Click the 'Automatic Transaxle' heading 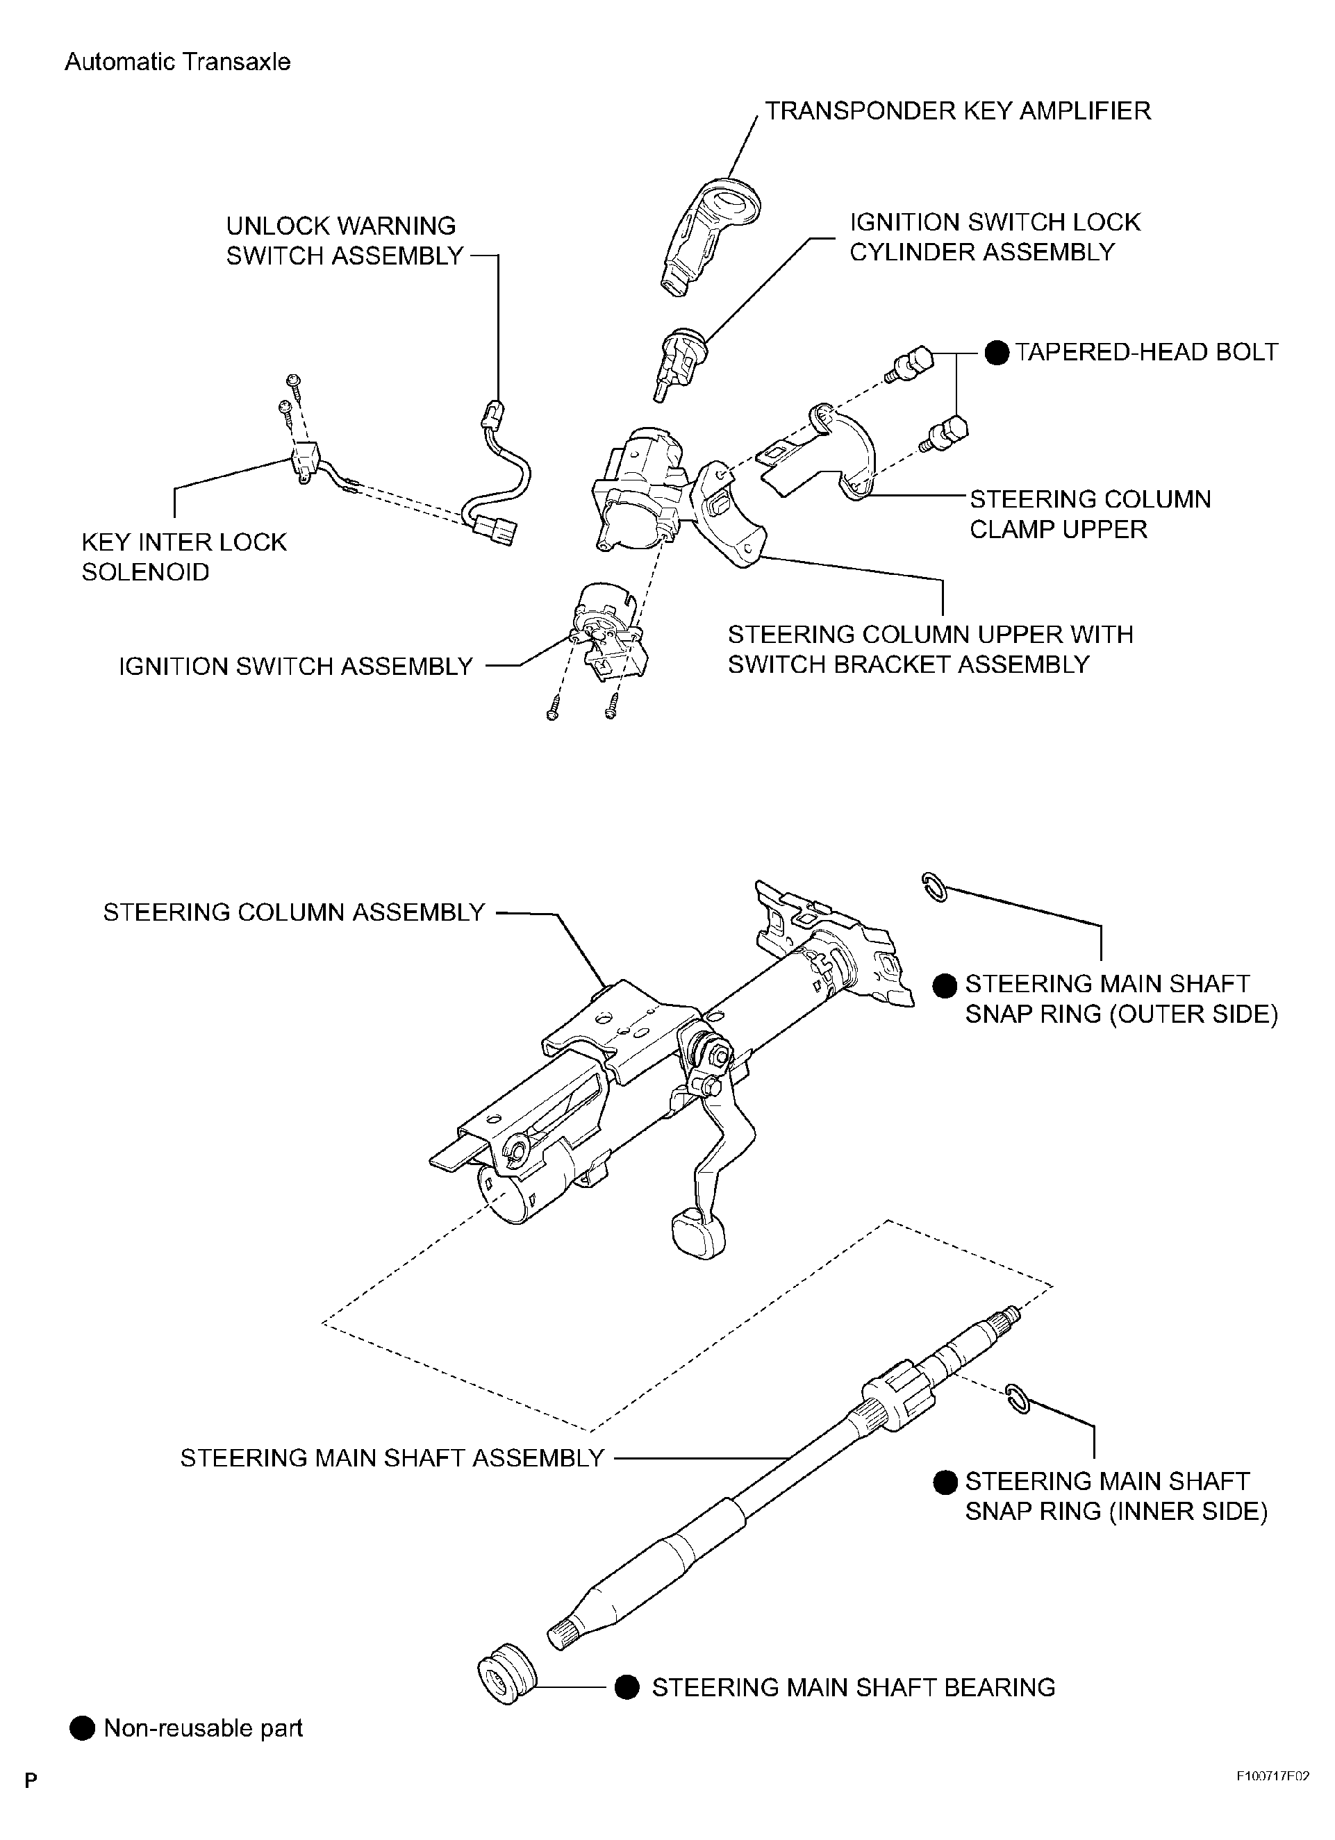click(177, 62)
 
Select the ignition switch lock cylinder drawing click(681, 362)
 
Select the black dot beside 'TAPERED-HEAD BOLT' click(997, 353)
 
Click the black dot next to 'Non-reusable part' click(83, 1729)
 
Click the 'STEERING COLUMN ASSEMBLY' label click(294, 912)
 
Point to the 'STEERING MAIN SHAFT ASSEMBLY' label click(392, 1458)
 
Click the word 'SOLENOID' click(146, 572)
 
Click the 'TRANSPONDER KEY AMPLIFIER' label click(958, 111)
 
